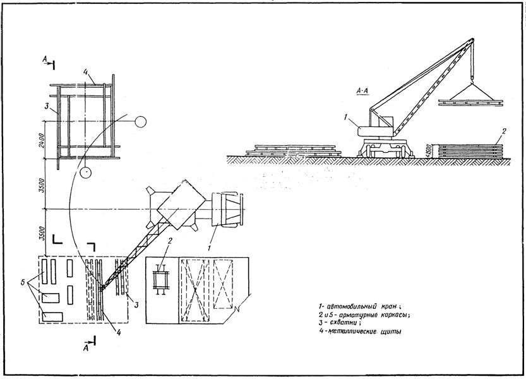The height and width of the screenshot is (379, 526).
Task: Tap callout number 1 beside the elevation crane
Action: point(346,116)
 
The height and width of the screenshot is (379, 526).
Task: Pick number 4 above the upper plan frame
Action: point(86,71)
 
